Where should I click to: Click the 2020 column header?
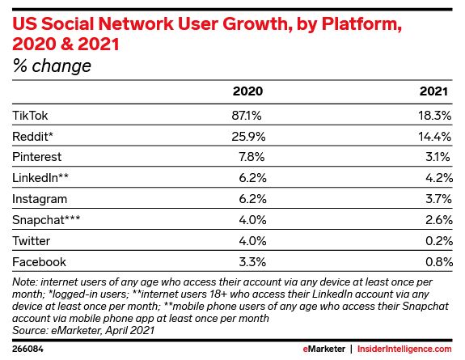click(x=247, y=91)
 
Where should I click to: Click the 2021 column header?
click(x=433, y=91)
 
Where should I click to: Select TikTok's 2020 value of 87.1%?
click(x=247, y=115)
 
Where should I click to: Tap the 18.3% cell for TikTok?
click(x=435, y=115)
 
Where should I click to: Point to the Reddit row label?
click(x=32, y=136)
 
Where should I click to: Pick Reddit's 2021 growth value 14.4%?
click(x=435, y=136)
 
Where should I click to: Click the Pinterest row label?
click(x=36, y=157)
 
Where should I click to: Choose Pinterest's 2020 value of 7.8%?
click(x=252, y=157)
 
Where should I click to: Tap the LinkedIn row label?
click(x=40, y=178)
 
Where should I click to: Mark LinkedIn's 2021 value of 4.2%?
click(x=439, y=178)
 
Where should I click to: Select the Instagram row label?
click(x=40, y=199)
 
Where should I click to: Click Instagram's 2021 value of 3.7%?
click(x=438, y=199)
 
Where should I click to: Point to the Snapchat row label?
click(x=46, y=220)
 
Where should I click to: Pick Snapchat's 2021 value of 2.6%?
click(x=439, y=220)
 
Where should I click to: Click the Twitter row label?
click(x=32, y=241)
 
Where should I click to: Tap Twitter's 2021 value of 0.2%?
click(x=439, y=241)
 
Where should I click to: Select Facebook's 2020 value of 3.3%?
click(x=252, y=262)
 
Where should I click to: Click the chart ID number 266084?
click(x=27, y=349)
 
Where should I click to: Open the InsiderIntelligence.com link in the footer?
click(x=404, y=349)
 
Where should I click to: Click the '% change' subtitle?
click(x=52, y=66)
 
